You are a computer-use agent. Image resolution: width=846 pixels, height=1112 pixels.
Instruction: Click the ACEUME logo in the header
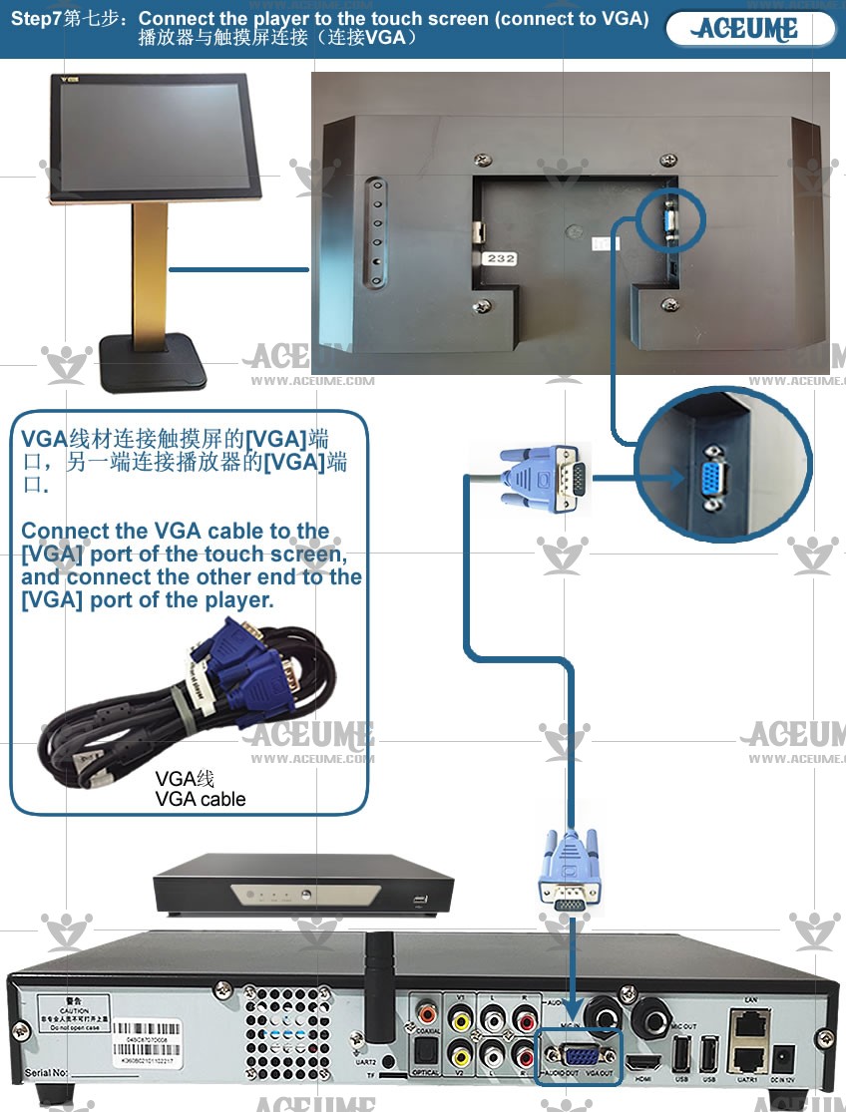coord(749,29)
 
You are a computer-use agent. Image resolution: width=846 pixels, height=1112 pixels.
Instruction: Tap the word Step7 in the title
coord(36,19)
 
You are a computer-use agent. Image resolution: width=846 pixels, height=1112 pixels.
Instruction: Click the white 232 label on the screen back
coord(500,258)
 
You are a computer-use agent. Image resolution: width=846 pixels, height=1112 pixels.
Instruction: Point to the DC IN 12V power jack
coord(783,1058)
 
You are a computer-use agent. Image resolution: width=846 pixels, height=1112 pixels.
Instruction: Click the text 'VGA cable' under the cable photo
coord(200,799)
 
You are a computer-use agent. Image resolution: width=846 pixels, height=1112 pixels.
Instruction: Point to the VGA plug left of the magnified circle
coord(544,480)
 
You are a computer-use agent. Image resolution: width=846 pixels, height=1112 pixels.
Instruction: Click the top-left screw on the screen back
coord(484,161)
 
